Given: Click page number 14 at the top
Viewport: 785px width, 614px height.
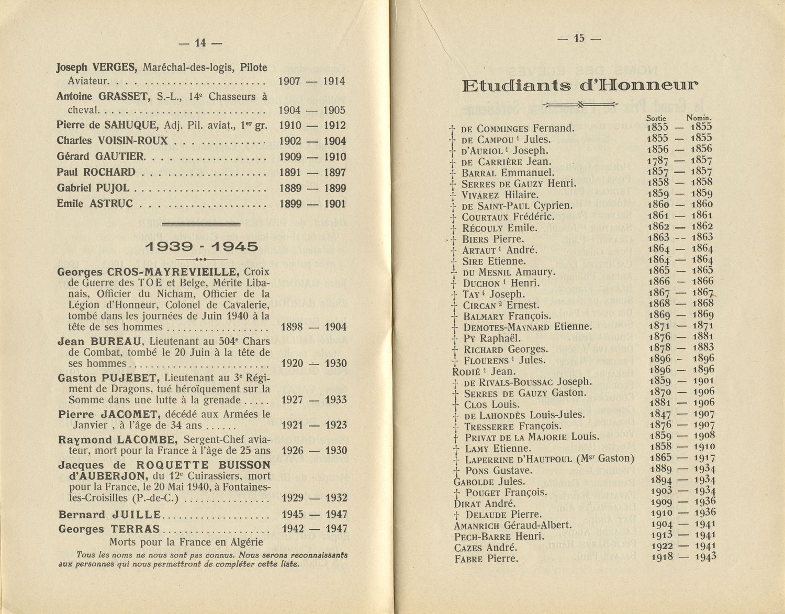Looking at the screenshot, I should coord(200,43).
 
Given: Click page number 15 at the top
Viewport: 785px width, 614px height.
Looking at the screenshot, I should coord(579,38).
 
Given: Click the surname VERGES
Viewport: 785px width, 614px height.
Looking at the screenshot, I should coord(115,67).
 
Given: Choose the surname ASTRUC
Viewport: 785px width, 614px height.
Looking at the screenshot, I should coord(110,203).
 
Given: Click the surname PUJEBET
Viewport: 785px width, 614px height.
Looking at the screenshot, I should coord(133,378).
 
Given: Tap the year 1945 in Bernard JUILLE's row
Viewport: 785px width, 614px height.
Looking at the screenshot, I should coord(293,515).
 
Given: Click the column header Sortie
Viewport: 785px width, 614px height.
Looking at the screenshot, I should coord(656,118).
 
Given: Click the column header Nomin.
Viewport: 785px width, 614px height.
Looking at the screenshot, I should coord(699,118).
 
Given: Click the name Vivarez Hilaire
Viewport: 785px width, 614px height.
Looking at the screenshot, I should coord(500,195).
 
